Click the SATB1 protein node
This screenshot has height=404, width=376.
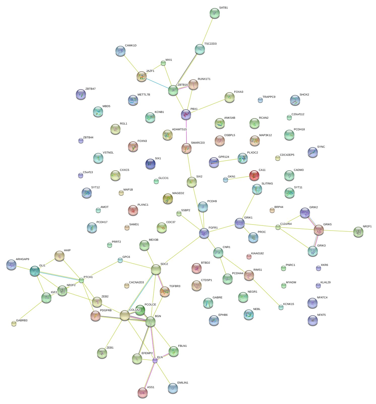click(x=214, y=13)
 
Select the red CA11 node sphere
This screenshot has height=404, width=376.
click(x=254, y=175)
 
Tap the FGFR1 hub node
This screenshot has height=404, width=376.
click(x=204, y=233)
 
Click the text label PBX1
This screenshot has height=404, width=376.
click(x=194, y=109)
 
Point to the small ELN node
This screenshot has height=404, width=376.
click(x=155, y=361)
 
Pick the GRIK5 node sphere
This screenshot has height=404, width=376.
click(x=319, y=230)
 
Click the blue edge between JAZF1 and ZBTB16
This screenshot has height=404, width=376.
click(x=158, y=83)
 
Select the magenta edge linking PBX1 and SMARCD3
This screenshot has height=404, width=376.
click(x=186, y=131)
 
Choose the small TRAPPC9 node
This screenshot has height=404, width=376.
click(x=260, y=100)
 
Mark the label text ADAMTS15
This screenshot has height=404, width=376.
click(x=179, y=130)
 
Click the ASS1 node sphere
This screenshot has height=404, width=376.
click(x=143, y=392)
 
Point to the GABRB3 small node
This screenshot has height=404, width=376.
click(x=14, y=324)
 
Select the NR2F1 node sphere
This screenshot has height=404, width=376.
click(x=358, y=232)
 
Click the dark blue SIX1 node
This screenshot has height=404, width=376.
click(x=150, y=164)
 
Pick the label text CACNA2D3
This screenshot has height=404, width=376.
click(x=136, y=283)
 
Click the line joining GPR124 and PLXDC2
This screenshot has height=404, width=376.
click(x=228, y=161)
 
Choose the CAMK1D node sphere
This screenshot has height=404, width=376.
click(x=120, y=51)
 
